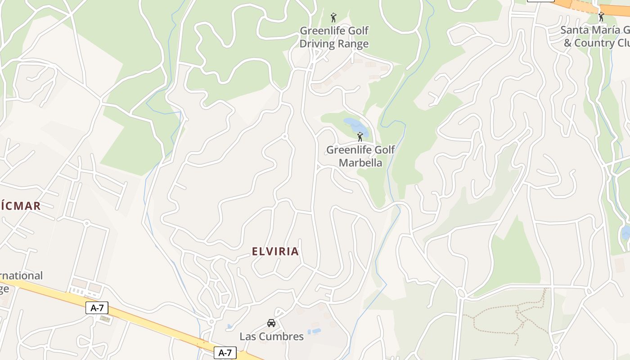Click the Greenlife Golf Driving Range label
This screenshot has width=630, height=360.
click(334, 37)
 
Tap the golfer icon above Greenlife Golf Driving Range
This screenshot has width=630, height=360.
click(333, 18)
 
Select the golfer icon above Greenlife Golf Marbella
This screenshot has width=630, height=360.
click(360, 137)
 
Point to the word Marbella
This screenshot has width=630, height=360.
click(360, 163)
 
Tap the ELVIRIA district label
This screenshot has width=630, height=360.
click(275, 252)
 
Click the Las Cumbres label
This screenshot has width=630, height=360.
click(271, 337)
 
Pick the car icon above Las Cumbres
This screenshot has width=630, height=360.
click(271, 323)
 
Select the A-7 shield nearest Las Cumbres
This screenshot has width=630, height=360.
click(225, 353)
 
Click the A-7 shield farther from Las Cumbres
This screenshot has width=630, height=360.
click(97, 308)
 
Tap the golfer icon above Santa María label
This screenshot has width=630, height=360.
click(601, 17)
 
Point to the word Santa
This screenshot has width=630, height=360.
click(573, 30)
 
